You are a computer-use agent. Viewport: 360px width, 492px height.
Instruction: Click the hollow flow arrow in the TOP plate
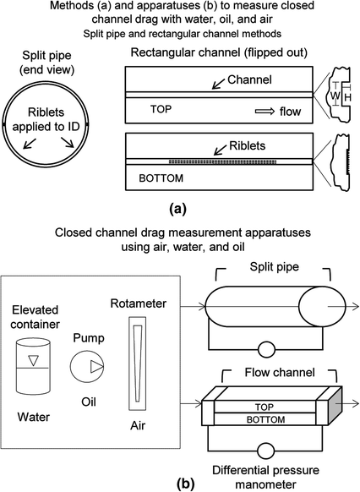pyautogui.click(x=265, y=112)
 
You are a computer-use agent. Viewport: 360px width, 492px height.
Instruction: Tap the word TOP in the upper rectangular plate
pyautogui.click(x=161, y=109)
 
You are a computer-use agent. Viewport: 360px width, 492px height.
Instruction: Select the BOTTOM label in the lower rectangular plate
pyautogui.click(x=161, y=178)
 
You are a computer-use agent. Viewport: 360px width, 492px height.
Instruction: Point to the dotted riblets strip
pyautogui.click(x=222, y=161)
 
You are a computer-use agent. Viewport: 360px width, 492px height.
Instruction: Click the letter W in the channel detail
pyautogui.click(x=335, y=96)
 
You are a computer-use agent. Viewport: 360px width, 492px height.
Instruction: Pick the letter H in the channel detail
pyautogui.click(x=348, y=97)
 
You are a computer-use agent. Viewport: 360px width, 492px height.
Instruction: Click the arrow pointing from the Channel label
pyautogui.click(x=218, y=84)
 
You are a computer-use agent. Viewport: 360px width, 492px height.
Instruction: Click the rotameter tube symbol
pyautogui.click(x=138, y=364)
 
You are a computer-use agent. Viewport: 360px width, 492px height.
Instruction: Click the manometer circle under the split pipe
pyautogui.click(x=266, y=349)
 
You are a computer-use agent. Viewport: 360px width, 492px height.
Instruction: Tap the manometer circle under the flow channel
pyautogui.click(x=266, y=451)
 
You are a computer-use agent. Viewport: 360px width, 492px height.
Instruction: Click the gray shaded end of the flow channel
pyautogui.click(x=335, y=406)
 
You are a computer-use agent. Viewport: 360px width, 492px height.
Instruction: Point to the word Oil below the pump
pyautogui.click(x=89, y=402)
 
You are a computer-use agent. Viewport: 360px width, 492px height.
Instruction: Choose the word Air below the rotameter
pyautogui.click(x=138, y=425)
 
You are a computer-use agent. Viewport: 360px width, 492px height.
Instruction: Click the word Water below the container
pyautogui.click(x=34, y=417)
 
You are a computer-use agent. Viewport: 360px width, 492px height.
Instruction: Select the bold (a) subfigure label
pyautogui.click(x=177, y=208)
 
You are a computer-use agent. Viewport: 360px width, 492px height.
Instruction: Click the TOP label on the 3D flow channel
pyautogui.click(x=264, y=407)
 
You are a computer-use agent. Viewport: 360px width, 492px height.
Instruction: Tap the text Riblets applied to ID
pyautogui.click(x=46, y=119)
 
